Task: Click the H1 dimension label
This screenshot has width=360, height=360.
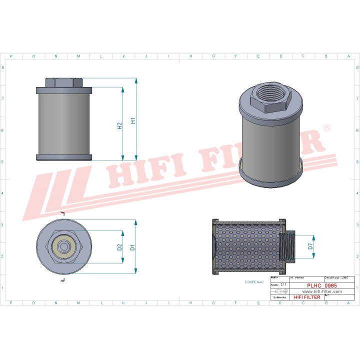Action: click(x=133, y=120)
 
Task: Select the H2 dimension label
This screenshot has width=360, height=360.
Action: click(x=120, y=126)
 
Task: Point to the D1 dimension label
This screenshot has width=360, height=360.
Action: click(x=133, y=246)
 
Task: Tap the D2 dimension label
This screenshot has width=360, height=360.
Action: click(x=120, y=246)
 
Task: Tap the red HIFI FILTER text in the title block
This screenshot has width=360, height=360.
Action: click(x=305, y=297)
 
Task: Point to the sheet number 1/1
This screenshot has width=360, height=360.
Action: click(x=283, y=284)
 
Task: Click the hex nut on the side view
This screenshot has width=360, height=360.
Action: click(x=64, y=82)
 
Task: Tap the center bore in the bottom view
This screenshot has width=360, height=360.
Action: click(x=64, y=246)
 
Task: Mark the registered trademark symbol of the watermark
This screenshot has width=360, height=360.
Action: click(x=326, y=128)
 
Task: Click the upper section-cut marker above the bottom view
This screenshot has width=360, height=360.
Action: click(x=62, y=214)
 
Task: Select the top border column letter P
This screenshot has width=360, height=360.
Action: click(x=11, y=56)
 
